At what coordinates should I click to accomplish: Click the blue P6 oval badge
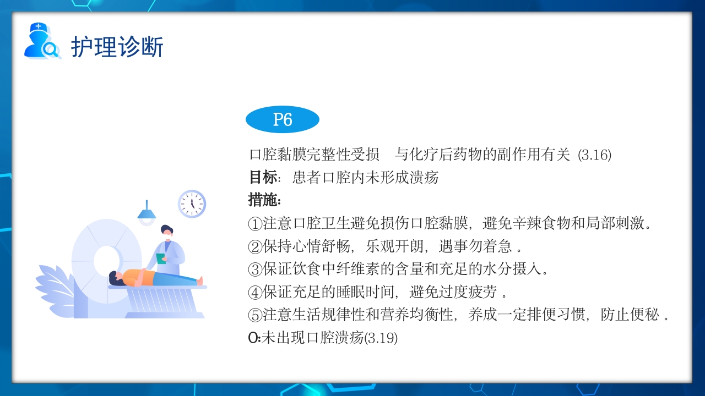coord(282,120)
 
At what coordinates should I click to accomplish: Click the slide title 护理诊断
coord(117,47)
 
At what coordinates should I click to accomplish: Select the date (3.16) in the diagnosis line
coord(595,155)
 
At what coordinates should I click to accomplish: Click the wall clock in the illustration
coord(192,204)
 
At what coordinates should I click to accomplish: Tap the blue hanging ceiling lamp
coord(147,213)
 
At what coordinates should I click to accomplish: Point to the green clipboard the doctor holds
coord(160,258)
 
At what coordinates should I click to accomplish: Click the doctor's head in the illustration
coord(166,232)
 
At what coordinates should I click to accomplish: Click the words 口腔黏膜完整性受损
coord(314,155)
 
